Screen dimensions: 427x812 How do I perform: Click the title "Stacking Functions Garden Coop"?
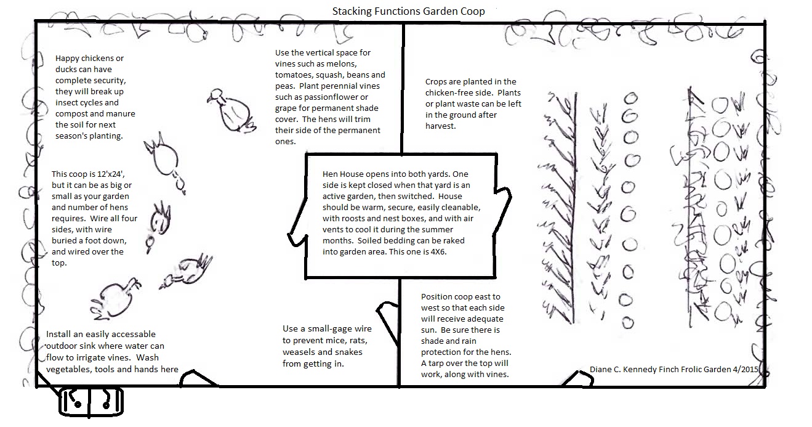(408, 11)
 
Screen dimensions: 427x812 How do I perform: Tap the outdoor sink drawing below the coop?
(91, 402)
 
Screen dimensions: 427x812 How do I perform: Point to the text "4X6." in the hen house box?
(428, 251)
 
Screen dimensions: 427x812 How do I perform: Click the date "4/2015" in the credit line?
(744, 369)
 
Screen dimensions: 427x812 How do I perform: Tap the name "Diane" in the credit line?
(602, 369)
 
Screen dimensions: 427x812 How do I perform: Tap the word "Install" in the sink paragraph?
(60, 335)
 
